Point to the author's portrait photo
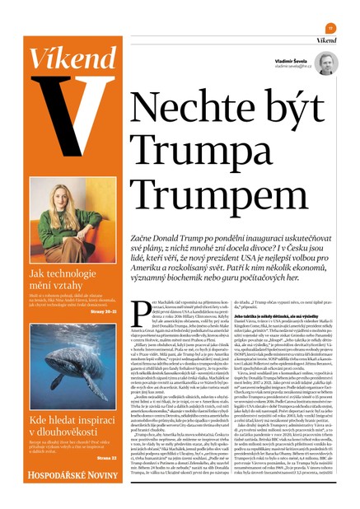click(x=326, y=64)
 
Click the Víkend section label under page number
click(x=326, y=39)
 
